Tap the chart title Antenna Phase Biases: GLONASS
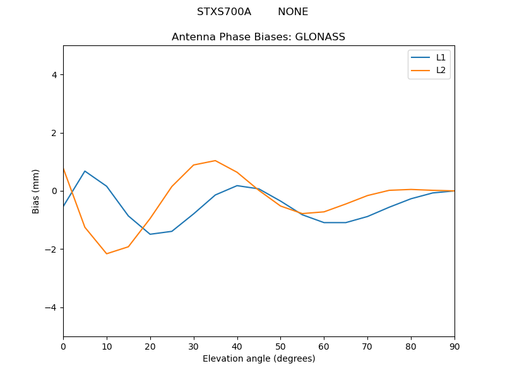[258, 37]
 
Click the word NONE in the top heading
[293, 12]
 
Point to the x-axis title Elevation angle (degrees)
[258, 359]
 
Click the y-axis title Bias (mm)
[36, 191]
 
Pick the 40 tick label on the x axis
[237, 346]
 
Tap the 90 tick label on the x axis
[454, 346]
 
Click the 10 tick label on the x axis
[107, 346]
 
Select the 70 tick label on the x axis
[367, 346]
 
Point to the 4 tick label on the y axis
[54, 75]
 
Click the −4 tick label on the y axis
[51, 307]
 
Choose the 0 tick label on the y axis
[54, 191]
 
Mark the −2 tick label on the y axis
[51, 249]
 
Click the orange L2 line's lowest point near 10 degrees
[107, 254]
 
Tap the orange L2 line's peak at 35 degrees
[215, 161]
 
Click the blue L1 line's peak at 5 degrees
[85, 171]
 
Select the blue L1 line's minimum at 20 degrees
[150, 234]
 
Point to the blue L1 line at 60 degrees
[324, 222]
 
